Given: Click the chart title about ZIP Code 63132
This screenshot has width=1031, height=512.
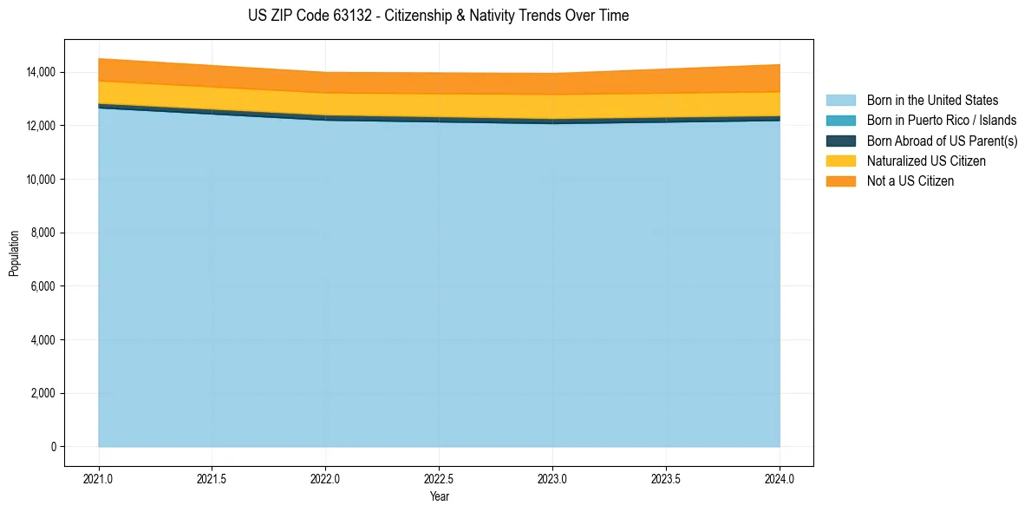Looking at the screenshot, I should [x=438, y=16].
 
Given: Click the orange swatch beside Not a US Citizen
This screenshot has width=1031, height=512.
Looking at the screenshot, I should [x=840, y=181].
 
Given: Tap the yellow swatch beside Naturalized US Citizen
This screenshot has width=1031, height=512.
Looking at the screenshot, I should [x=840, y=161].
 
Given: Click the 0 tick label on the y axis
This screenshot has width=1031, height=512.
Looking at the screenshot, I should [x=53, y=447].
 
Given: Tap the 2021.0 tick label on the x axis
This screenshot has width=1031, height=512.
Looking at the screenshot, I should [x=99, y=478].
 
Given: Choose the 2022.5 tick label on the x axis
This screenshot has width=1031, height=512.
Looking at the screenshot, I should [x=439, y=478].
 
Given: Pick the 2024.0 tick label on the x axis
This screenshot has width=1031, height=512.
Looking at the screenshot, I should [x=780, y=478].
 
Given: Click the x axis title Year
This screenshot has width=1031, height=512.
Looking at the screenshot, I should [x=439, y=496].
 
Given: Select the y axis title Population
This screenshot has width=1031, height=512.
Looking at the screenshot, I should [x=14, y=253].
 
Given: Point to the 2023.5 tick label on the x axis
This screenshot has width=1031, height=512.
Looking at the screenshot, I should [x=666, y=478].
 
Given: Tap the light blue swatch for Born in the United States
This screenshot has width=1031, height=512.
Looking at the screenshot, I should [x=840, y=101].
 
